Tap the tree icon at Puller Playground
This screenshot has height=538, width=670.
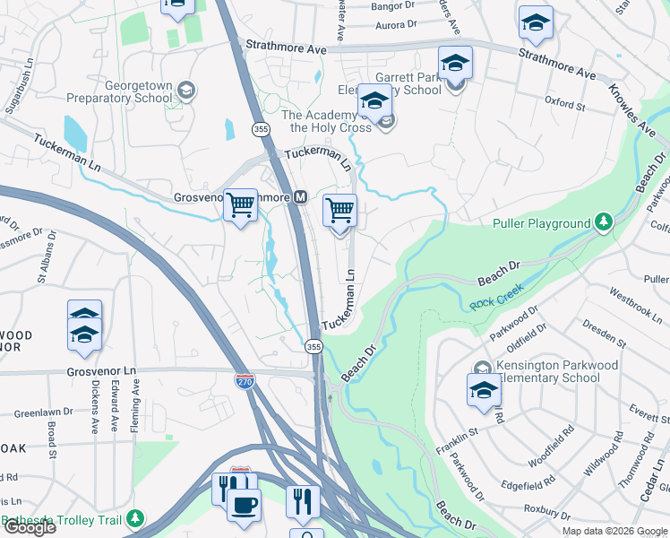[x=605, y=221]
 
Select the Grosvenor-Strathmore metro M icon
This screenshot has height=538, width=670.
[x=301, y=197]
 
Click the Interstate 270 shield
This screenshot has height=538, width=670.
[x=244, y=380]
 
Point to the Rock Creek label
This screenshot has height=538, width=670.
[x=495, y=304]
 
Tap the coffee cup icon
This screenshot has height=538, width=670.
[x=243, y=505]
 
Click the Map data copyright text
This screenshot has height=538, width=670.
[x=614, y=531]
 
